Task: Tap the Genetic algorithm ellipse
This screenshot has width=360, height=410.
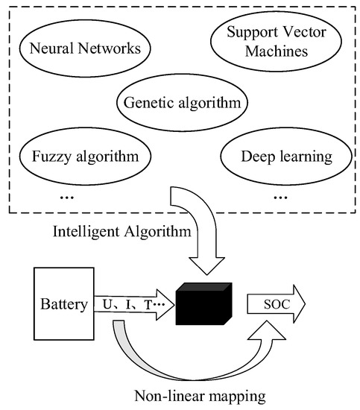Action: (x=182, y=102)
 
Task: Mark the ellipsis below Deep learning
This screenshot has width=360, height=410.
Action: (x=281, y=198)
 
